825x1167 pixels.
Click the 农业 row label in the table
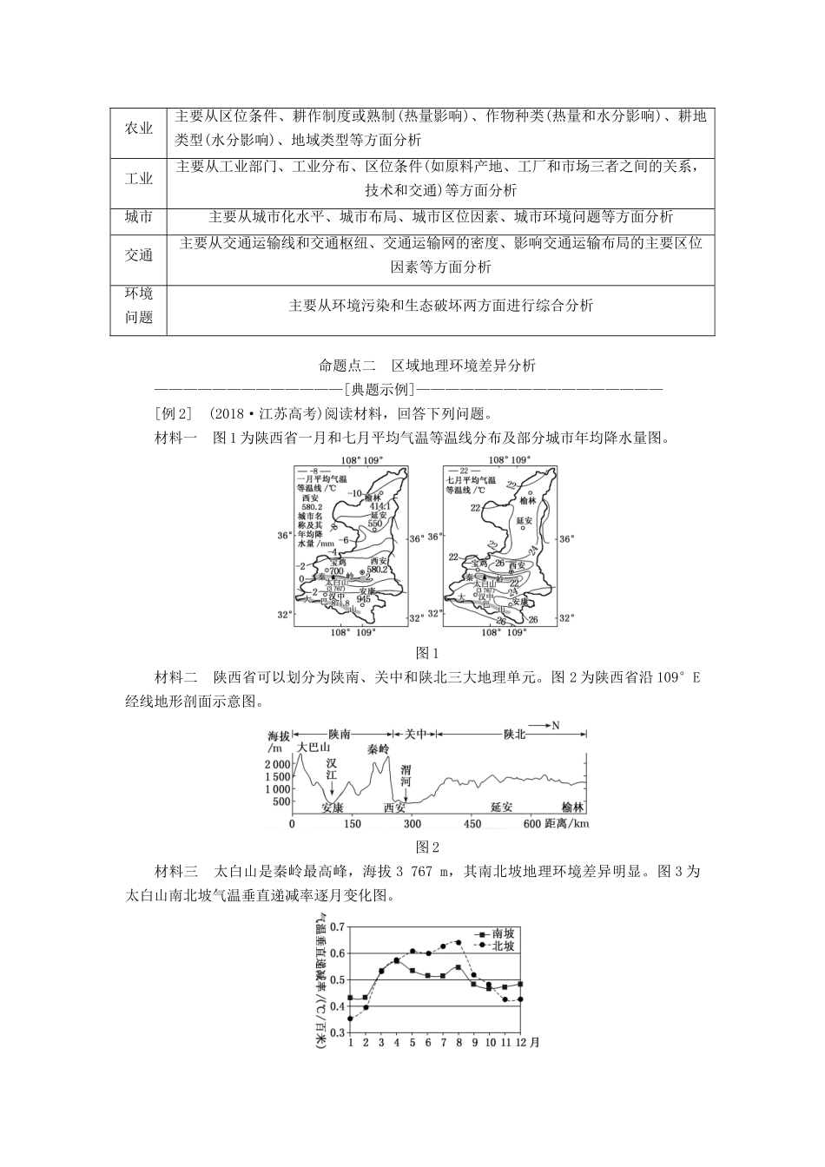(x=138, y=129)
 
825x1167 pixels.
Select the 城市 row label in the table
(x=138, y=217)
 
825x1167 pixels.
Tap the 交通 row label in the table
(x=138, y=254)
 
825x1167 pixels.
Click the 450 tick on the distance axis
(x=472, y=823)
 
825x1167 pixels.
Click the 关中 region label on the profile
(x=416, y=735)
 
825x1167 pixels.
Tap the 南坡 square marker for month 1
(x=350, y=998)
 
